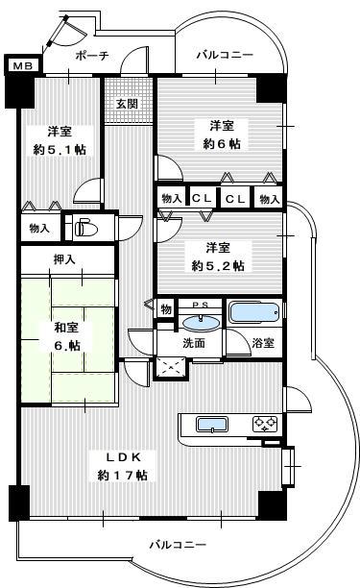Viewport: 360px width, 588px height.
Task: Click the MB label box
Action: click(23, 65)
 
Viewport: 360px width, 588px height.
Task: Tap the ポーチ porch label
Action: click(92, 56)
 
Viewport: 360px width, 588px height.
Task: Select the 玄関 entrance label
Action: click(127, 104)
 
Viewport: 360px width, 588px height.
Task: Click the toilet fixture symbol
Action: click(85, 229)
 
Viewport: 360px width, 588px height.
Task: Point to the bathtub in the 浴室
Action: click(254, 312)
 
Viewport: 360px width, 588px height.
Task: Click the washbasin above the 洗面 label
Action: click(201, 322)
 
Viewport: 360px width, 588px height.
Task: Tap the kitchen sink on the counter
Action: click(212, 425)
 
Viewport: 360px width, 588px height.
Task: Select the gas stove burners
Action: click(265, 424)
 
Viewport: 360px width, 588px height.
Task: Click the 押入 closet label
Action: click(65, 259)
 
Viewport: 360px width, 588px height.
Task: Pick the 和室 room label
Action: click(66, 328)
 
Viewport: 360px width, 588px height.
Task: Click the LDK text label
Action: click(123, 457)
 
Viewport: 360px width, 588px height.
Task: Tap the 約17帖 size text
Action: click(122, 476)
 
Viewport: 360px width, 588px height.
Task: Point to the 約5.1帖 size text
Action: click(60, 150)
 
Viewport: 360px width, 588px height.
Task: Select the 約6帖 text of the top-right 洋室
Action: click(222, 143)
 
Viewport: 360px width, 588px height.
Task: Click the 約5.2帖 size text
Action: click(218, 266)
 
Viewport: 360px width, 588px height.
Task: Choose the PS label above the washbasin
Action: click(202, 305)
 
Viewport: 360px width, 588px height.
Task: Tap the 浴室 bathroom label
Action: click(263, 342)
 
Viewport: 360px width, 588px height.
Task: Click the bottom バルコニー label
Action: click(178, 545)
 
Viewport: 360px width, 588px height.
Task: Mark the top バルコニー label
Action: click(226, 56)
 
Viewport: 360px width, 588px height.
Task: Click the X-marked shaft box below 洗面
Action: click(171, 368)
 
